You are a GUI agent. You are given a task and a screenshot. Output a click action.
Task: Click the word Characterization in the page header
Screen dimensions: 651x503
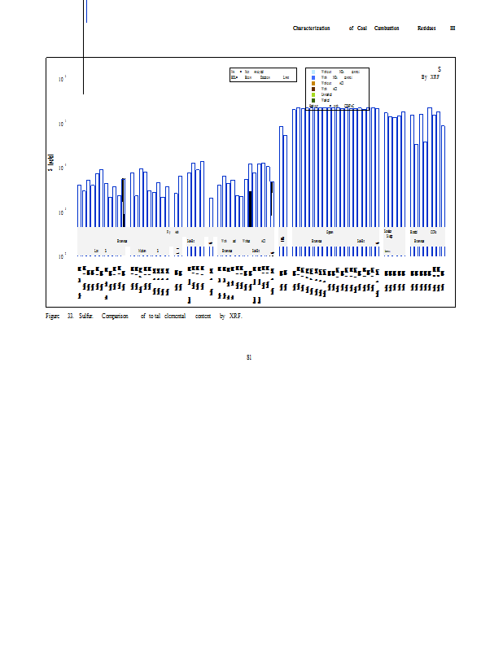[x=311, y=28]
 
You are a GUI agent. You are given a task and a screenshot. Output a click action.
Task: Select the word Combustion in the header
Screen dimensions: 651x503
[x=387, y=28]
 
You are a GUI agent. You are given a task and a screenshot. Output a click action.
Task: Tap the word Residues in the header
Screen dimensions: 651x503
[x=426, y=28]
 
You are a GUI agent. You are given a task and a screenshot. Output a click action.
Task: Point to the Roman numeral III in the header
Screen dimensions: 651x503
[x=453, y=28]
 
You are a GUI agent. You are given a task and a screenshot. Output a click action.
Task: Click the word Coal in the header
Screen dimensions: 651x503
[x=361, y=28]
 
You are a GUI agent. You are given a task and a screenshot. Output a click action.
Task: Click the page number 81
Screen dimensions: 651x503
[x=249, y=356]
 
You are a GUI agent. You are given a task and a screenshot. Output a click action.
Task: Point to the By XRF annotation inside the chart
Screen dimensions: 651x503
[x=430, y=77]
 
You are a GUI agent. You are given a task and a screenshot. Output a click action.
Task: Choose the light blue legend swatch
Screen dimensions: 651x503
[x=313, y=72]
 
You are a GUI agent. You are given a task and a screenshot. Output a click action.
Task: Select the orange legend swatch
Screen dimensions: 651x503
[x=313, y=83]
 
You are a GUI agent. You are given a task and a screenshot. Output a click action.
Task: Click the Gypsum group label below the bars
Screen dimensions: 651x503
[x=330, y=232]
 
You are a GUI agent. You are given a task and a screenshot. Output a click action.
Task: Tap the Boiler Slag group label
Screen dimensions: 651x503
[x=388, y=234]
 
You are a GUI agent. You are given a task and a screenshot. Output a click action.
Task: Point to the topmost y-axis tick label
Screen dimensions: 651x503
[x=63, y=79]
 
